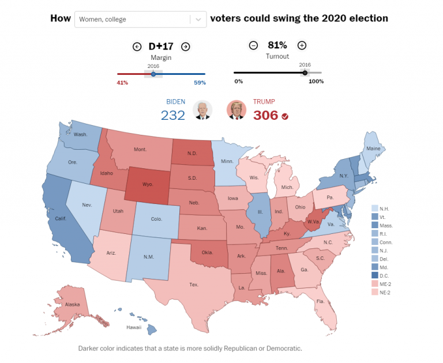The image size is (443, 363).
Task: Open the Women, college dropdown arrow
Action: (x=198, y=19)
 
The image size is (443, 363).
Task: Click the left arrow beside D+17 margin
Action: (x=137, y=47)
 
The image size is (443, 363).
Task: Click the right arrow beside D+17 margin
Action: (x=185, y=47)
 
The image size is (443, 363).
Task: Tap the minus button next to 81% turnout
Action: (x=253, y=46)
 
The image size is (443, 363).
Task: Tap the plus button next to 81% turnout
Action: (x=302, y=46)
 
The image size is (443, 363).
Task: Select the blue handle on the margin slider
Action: (x=153, y=74)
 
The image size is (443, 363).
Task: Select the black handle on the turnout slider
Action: (x=305, y=73)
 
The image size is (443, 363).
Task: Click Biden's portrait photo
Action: (x=202, y=109)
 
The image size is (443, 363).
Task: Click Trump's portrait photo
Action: (x=236, y=109)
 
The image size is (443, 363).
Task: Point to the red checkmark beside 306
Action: (x=285, y=116)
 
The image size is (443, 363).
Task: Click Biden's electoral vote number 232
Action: (x=172, y=115)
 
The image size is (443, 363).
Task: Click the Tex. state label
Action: (x=194, y=284)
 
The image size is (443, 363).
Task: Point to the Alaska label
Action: (x=73, y=304)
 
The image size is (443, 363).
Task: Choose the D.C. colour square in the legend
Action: (x=374, y=276)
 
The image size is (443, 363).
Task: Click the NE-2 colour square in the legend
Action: (x=374, y=292)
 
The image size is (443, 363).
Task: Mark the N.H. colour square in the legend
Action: (x=374, y=208)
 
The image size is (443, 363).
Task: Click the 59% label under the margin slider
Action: (x=200, y=82)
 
